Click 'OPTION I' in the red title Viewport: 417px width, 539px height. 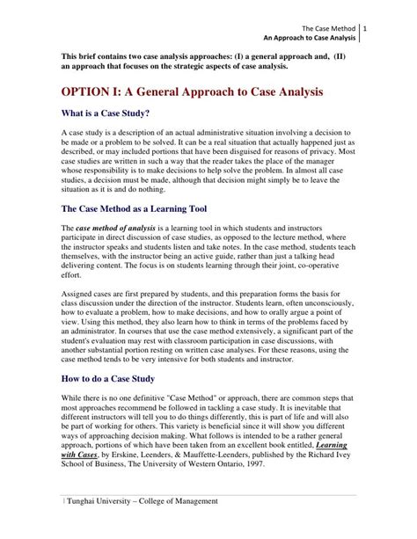95,91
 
